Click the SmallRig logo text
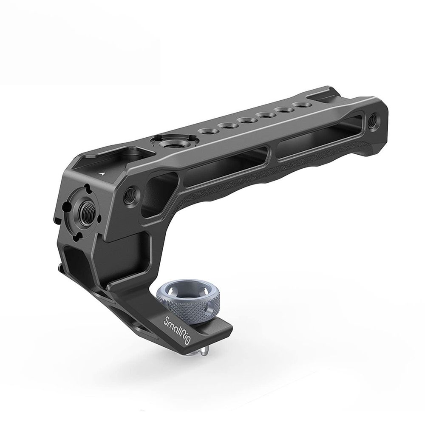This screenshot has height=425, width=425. [x=176, y=330]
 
